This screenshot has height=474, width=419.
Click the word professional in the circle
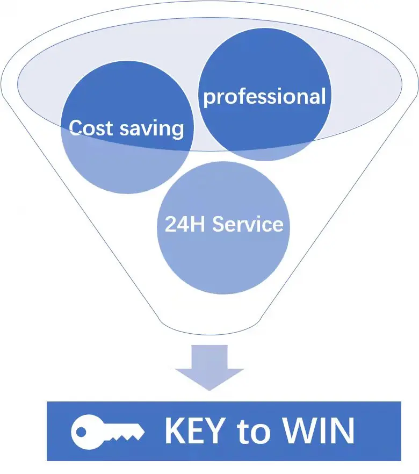pyautogui.click(x=264, y=97)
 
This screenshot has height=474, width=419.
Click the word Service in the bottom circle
pyautogui.click(x=248, y=224)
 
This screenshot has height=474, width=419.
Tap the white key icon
pyautogui.click(x=107, y=431)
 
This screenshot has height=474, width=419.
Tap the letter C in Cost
pyautogui.click(x=76, y=128)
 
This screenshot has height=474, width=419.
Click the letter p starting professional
pyautogui.click(x=208, y=98)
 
